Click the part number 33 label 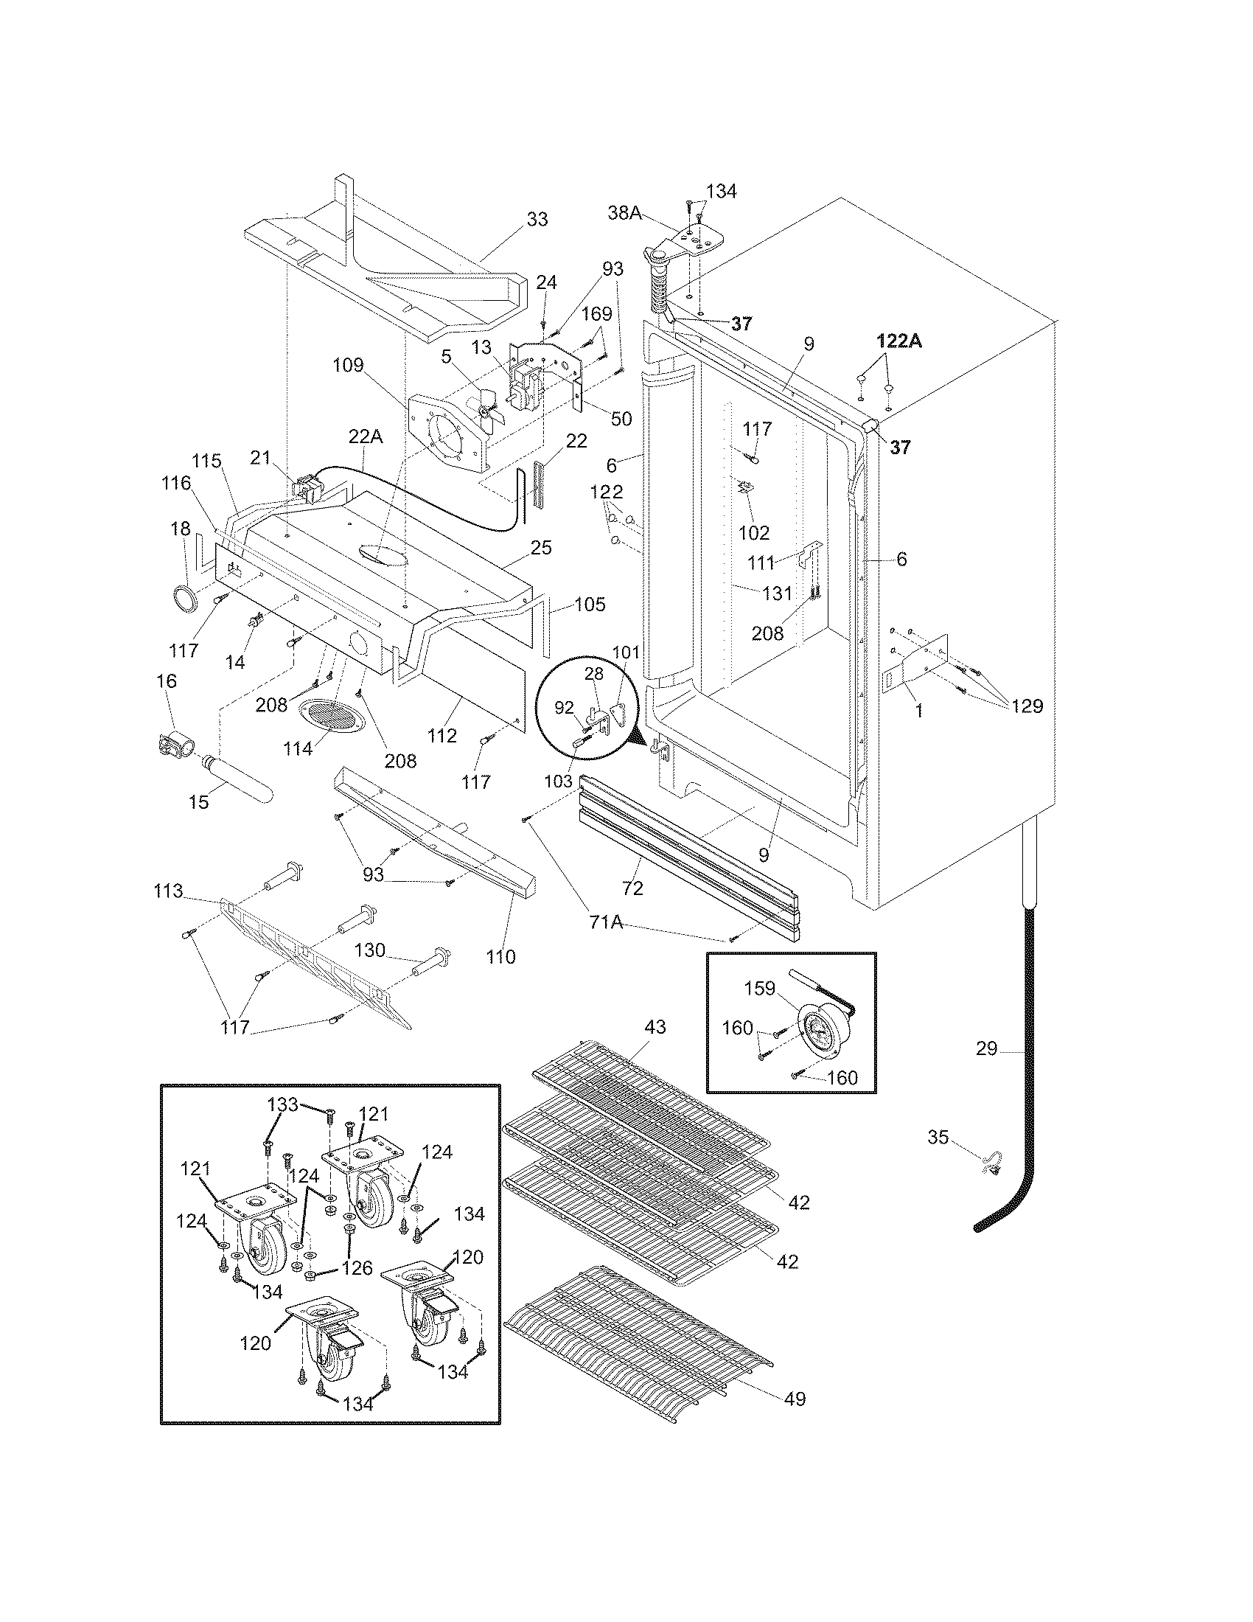[x=537, y=220]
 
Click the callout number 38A [x=624, y=213]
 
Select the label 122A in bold [x=899, y=341]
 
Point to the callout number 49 [x=795, y=1399]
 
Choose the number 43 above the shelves [x=655, y=1027]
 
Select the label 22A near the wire [x=366, y=437]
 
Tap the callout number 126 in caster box [x=357, y=1268]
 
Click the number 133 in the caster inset [x=283, y=1104]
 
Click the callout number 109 [x=348, y=365]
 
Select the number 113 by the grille [x=168, y=891]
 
